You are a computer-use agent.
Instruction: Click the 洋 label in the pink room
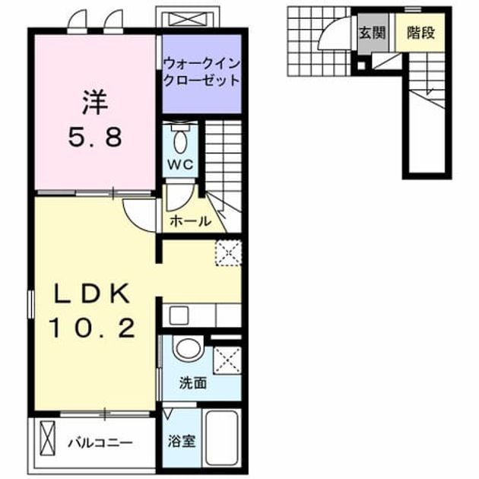click(x=95, y=103)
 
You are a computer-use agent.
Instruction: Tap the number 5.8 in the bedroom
click(x=95, y=137)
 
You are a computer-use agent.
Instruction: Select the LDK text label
click(x=91, y=293)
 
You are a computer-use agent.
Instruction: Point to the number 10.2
click(x=92, y=328)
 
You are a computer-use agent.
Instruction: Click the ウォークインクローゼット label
click(x=201, y=72)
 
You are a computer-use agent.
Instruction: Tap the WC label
click(x=180, y=165)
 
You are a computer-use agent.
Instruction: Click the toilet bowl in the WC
click(x=180, y=140)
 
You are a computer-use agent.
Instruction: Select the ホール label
click(x=191, y=220)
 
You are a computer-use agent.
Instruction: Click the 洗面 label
click(x=193, y=383)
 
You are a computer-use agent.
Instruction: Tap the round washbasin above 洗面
click(x=188, y=348)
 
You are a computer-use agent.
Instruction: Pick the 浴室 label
click(x=182, y=441)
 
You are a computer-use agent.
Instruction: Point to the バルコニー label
click(x=100, y=443)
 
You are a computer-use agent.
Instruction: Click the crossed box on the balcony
click(x=48, y=439)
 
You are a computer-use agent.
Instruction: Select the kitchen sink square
click(x=179, y=316)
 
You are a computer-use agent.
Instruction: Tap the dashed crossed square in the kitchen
click(x=229, y=253)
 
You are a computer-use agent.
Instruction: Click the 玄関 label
click(x=372, y=33)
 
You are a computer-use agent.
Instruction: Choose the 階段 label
click(x=421, y=33)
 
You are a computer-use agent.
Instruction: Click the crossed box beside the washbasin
click(x=227, y=360)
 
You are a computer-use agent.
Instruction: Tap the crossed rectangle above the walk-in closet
click(x=188, y=19)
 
